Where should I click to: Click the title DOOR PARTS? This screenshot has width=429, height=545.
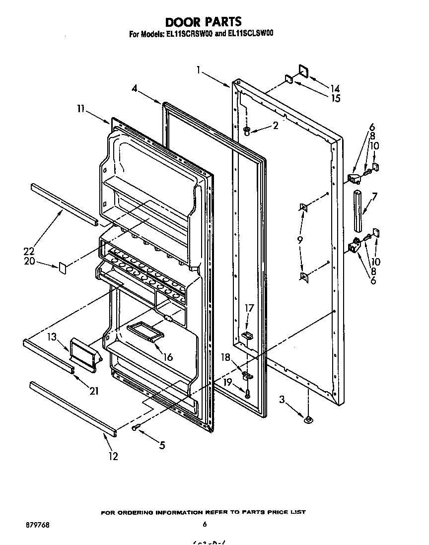[203, 22]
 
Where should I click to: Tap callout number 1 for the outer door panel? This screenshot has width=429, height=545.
[198, 70]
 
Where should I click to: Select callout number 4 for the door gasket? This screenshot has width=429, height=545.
[135, 88]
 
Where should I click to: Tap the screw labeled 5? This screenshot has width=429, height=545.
[136, 427]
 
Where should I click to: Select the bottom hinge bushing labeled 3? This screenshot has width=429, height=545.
[308, 420]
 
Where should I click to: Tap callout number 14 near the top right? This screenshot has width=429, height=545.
[335, 88]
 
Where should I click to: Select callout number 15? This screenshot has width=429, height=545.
[335, 98]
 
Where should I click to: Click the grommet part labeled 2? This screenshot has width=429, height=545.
[247, 131]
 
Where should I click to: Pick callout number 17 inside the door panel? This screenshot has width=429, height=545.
[250, 308]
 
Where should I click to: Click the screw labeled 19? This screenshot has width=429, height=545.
[247, 394]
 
